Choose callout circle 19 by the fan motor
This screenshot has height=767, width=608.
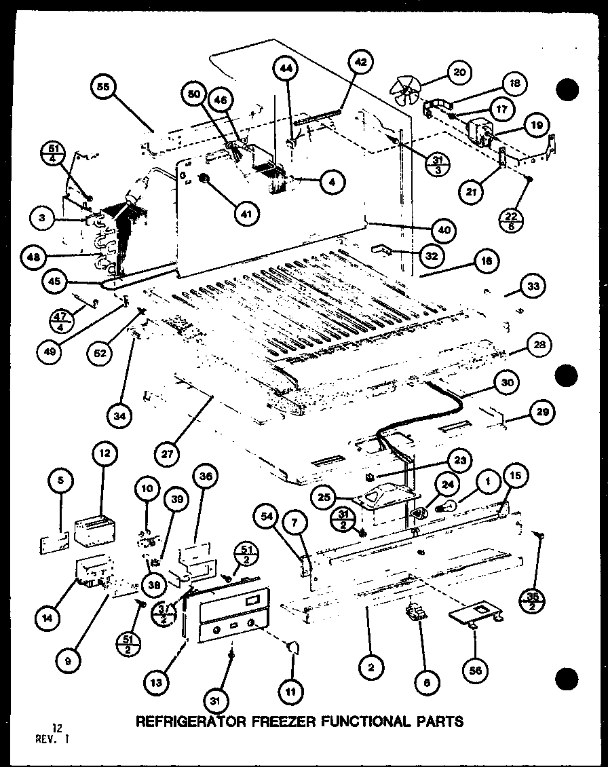coord(536,125)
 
